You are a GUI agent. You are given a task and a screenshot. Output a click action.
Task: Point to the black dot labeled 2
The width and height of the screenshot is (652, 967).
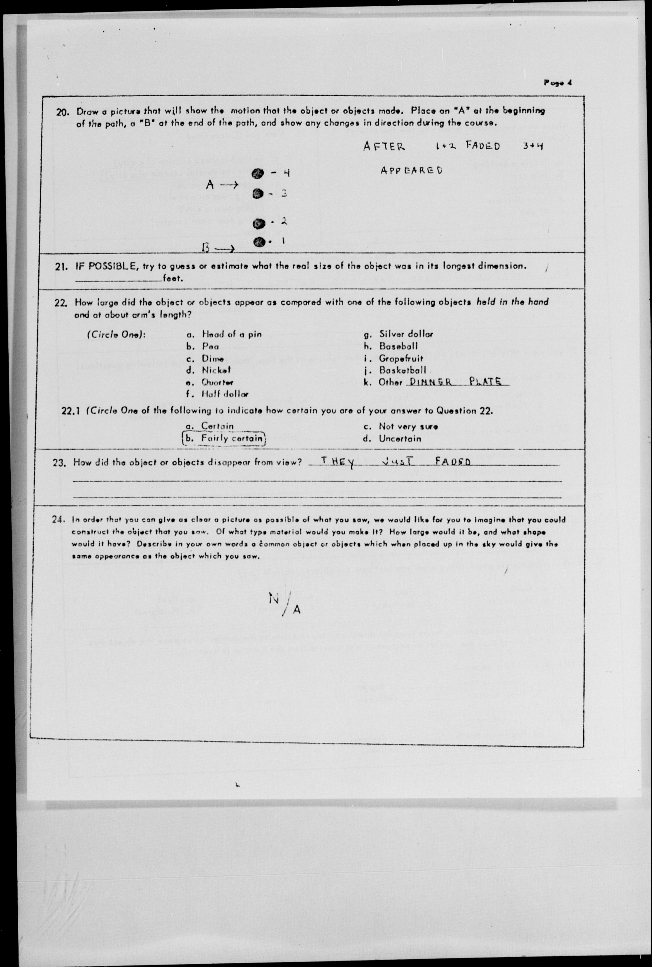click(x=259, y=224)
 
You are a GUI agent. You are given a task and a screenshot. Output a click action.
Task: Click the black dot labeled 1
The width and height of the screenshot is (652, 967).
click(x=259, y=242)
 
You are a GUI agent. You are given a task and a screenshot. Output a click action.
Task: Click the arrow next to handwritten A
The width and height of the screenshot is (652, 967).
click(x=229, y=185)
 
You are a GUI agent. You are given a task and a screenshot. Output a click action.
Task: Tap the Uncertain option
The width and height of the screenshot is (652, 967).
click(x=399, y=438)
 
